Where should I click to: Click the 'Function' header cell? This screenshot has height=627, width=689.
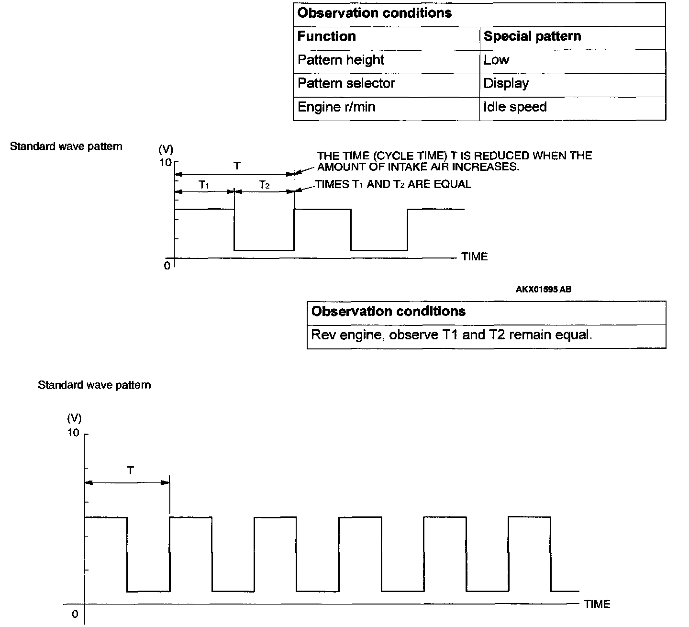point(327,36)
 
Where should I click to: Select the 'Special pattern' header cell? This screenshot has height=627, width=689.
point(532,36)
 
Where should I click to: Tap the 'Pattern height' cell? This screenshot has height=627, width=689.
point(341,60)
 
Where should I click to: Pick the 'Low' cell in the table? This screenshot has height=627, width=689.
point(496,60)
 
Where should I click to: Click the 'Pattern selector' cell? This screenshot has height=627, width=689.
point(346,83)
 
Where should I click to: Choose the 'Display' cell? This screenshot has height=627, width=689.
point(506,83)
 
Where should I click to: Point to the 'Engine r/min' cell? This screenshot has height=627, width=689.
point(336,107)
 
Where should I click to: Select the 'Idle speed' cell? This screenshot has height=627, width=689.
point(515,107)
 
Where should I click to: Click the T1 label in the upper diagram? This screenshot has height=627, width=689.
point(204,184)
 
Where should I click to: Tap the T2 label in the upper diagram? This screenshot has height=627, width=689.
point(265,184)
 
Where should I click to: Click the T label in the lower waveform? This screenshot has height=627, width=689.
point(131,471)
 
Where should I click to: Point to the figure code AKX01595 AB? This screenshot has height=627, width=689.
point(544,290)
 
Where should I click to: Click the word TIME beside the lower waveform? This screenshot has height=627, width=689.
point(597,604)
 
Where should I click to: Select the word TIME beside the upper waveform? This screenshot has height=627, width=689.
point(475,257)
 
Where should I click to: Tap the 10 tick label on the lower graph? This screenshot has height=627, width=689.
point(73,433)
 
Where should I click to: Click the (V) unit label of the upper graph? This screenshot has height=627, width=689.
point(166,149)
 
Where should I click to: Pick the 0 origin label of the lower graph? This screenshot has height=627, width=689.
point(75,615)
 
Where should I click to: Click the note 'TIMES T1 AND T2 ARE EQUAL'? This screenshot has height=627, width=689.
point(393,185)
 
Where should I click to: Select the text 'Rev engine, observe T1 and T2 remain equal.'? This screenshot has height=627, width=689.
point(451,335)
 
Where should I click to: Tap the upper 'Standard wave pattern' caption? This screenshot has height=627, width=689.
point(66,146)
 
